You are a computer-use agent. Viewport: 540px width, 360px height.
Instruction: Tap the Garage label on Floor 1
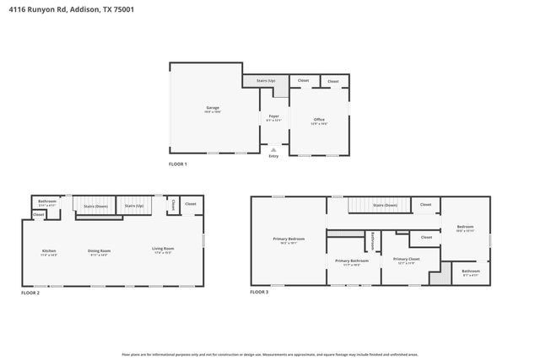point(213,108)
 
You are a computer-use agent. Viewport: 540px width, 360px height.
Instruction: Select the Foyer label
point(274,116)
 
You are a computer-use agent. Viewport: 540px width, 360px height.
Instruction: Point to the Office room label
point(319,120)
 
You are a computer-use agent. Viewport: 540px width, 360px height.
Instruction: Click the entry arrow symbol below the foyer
point(273,149)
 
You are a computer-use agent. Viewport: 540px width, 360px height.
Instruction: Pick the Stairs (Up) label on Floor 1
point(266,81)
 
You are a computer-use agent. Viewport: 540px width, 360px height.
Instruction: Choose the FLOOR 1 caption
point(178,164)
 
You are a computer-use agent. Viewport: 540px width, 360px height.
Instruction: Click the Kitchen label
point(49,250)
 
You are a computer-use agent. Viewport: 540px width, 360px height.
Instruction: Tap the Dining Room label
point(100,250)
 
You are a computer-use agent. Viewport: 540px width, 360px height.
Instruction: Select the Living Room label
point(163,249)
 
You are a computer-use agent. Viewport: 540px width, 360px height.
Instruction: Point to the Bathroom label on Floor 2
point(47,201)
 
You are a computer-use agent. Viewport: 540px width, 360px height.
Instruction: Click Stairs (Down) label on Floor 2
point(95,206)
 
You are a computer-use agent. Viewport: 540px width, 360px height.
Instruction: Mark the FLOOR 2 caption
point(30,293)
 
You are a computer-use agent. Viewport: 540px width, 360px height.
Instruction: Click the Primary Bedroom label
point(289,239)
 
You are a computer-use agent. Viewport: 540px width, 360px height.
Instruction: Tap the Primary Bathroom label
point(351,261)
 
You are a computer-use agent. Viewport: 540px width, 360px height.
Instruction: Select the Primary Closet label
point(406,260)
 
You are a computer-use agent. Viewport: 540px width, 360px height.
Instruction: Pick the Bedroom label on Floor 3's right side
point(466,227)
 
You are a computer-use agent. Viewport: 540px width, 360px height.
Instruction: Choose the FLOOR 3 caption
point(259,293)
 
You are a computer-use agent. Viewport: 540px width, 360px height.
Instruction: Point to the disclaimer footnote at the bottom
point(270,355)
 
